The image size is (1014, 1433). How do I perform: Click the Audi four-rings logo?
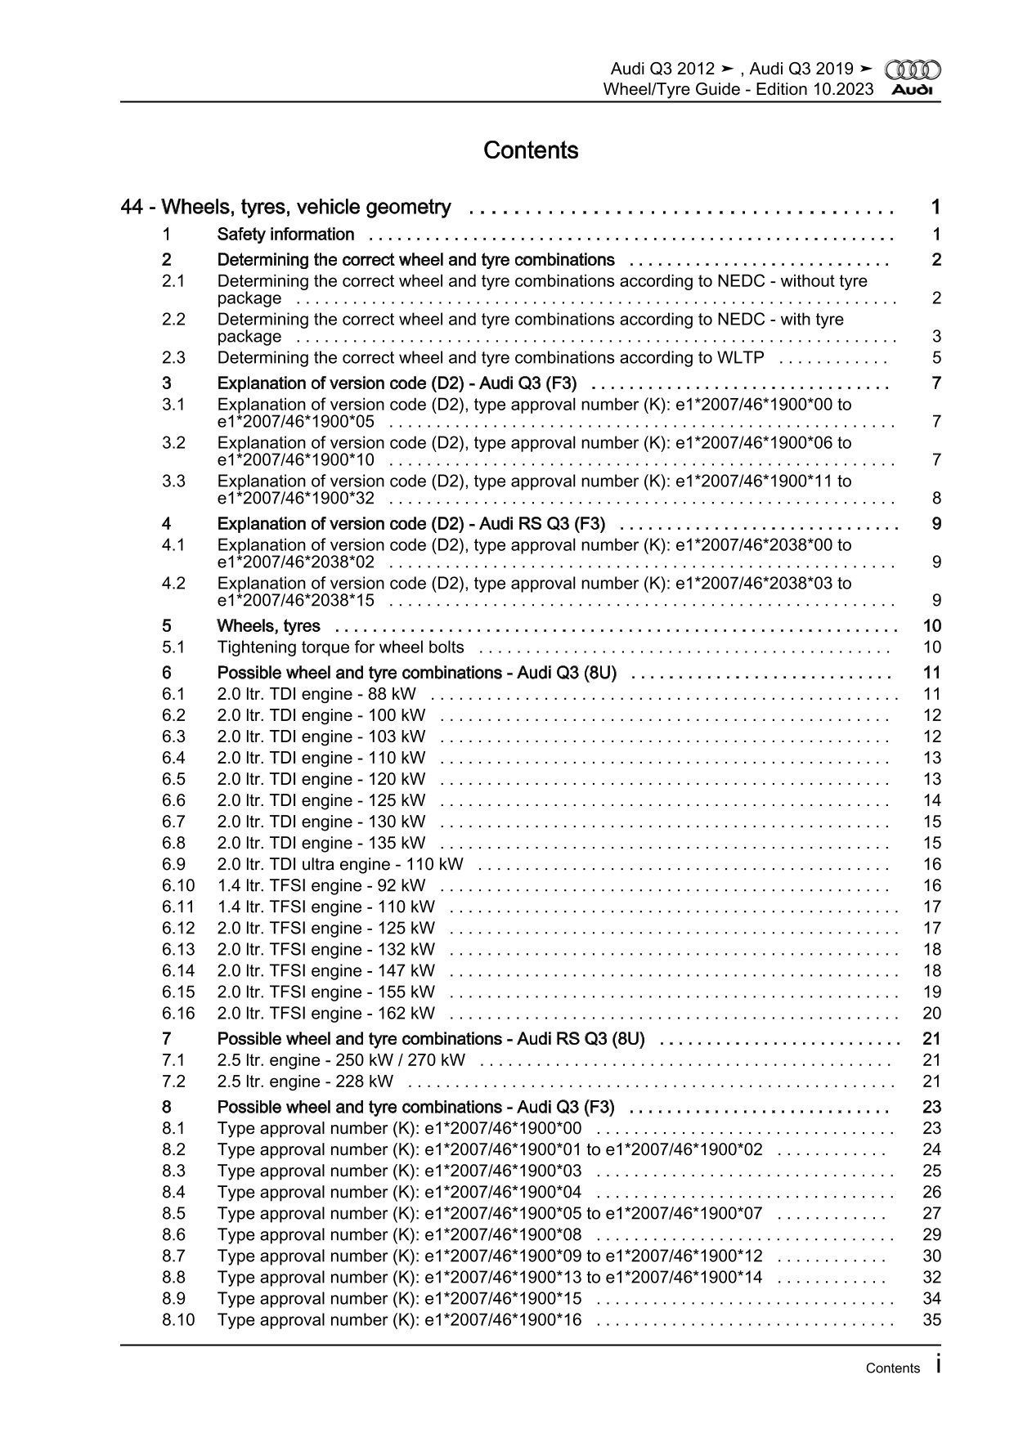(913, 70)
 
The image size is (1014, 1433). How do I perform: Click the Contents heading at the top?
(531, 150)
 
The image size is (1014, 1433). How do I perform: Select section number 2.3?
(173, 358)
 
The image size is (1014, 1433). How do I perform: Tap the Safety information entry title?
(285, 235)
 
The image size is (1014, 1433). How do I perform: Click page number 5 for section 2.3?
(936, 358)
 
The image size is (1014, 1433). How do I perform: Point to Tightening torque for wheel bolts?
(340, 647)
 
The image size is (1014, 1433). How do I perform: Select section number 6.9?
(173, 865)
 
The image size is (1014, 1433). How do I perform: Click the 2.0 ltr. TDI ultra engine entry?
(339, 865)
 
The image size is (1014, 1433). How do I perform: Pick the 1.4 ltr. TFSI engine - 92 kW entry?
(321, 886)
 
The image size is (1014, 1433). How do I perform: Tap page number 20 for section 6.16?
(931, 1014)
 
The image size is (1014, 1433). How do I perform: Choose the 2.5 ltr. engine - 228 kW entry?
(305, 1082)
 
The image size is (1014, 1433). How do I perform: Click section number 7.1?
(173, 1061)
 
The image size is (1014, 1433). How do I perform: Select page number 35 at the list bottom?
(931, 1320)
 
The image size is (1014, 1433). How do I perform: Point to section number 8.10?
(178, 1320)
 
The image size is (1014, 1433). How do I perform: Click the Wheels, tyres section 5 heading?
(268, 627)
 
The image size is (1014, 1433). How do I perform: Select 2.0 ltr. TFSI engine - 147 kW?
(325, 971)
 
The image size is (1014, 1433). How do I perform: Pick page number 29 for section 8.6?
(931, 1235)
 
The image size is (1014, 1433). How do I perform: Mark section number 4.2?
(173, 584)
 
